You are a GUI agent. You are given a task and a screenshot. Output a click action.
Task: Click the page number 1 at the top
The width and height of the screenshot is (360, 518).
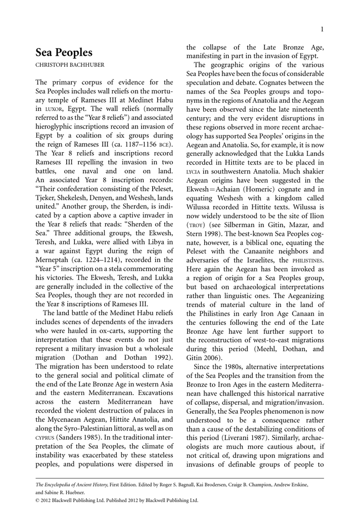click(x=322, y=29)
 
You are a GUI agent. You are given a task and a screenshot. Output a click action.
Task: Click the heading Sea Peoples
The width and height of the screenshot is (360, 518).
click(x=64, y=53)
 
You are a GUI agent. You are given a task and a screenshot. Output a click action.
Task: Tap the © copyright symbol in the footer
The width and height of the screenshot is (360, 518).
click(x=38, y=500)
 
